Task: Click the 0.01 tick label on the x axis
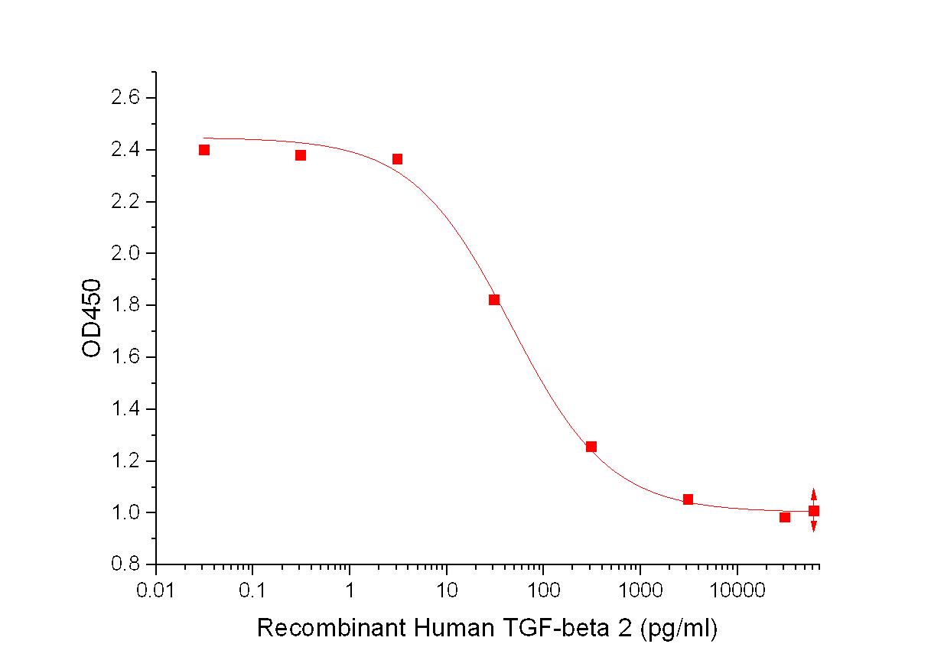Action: [156, 591]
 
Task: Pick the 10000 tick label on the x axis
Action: [737, 591]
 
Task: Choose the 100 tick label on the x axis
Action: [543, 591]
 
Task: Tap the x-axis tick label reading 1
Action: [350, 591]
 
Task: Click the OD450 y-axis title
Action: [92, 317]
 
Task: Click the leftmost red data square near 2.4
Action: [204, 150]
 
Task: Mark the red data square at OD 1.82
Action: [494, 300]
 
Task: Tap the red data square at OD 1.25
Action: [591, 447]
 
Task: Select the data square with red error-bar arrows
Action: [814, 511]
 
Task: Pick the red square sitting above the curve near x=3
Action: [398, 159]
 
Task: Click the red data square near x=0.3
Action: [301, 155]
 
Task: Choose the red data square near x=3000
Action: [688, 499]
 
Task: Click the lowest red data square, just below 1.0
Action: [785, 517]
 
